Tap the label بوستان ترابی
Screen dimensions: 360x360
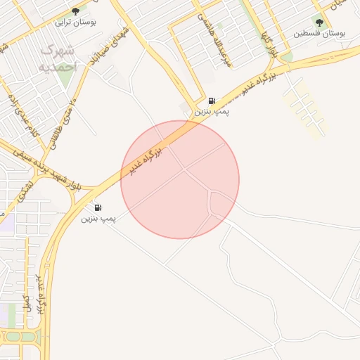76,22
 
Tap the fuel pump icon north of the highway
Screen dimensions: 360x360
212,101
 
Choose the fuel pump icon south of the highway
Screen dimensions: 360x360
97,207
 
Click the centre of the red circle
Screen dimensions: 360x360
180,179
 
